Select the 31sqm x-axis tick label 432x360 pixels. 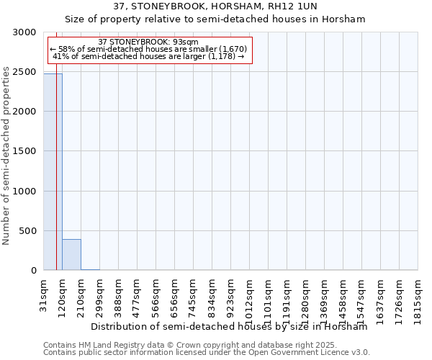coord(44,292)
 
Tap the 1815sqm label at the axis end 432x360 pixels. coord(418,297)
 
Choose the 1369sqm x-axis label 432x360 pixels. coord(325,297)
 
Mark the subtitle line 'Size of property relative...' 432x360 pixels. coord(215,19)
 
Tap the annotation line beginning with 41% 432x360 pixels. coord(149,56)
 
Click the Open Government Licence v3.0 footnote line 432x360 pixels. coord(207,353)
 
